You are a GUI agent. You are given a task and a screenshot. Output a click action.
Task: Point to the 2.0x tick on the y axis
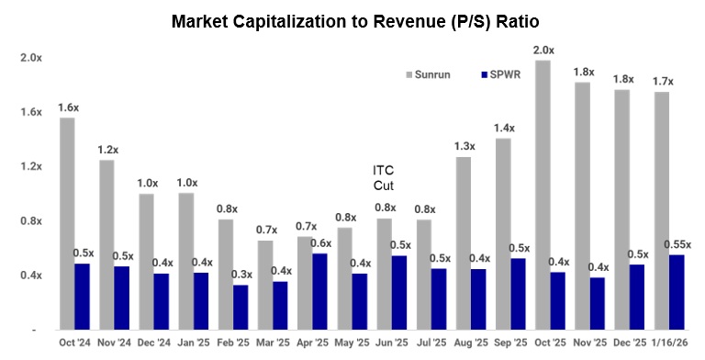point(30,57)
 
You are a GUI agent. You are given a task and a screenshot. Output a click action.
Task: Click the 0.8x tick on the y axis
point(30,221)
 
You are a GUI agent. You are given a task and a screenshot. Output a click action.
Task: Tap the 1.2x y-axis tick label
point(30,166)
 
